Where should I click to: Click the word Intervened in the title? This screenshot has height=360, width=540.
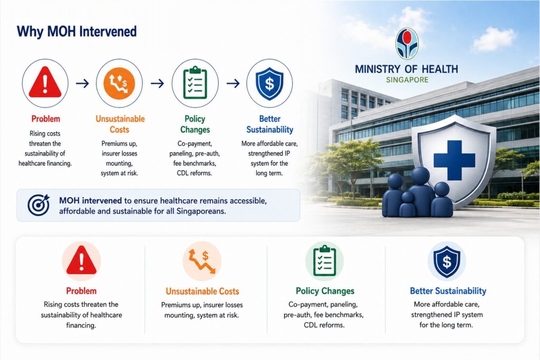pos(108,31)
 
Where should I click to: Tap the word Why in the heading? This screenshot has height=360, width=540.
pos(30,32)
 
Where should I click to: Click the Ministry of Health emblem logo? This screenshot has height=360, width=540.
pos(407,44)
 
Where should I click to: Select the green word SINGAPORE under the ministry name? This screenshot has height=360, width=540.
pos(407,80)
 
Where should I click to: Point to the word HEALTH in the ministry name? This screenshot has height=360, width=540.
pos(440,69)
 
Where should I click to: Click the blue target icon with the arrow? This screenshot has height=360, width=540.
pos(38,205)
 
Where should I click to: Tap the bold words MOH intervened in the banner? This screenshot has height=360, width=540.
pos(90,200)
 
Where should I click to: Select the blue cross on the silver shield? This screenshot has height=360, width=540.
pos(454,160)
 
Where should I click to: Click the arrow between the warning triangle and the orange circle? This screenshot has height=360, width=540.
pos(82,83)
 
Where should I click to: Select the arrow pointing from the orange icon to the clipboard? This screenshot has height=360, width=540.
pos(157,83)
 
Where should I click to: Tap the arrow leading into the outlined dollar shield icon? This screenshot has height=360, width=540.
pos(233,83)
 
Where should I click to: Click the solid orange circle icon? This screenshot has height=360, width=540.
pos(119,83)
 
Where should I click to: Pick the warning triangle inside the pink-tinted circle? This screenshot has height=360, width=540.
pos(81,260)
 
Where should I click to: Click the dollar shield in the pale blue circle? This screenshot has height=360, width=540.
pos(447,261)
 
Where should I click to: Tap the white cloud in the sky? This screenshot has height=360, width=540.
pos(494,38)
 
